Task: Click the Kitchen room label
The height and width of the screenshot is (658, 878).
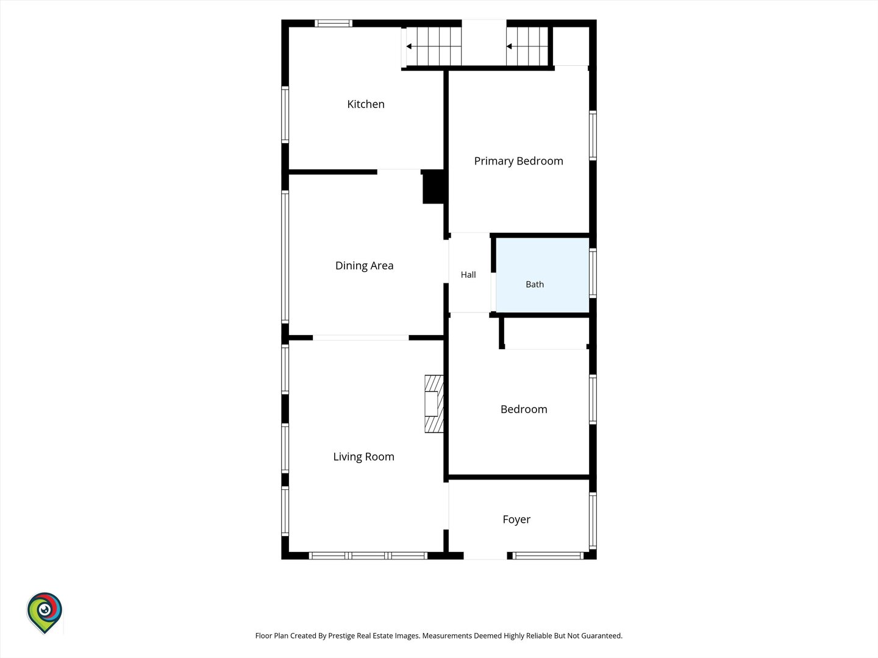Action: (x=366, y=104)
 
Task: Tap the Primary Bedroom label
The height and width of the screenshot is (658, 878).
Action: (x=518, y=161)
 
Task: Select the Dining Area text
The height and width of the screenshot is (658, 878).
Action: (x=364, y=266)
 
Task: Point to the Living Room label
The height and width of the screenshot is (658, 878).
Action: (x=363, y=457)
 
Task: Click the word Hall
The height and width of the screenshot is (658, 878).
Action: (x=468, y=275)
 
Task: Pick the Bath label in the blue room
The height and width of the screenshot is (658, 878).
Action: (x=534, y=285)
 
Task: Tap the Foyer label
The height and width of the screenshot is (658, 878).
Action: (x=516, y=519)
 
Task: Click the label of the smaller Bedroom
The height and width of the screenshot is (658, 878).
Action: (x=524, y=409)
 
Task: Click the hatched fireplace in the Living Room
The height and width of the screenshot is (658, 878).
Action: (x=434, y=404)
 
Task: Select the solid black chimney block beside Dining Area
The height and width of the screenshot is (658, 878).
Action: (x=434, y=186)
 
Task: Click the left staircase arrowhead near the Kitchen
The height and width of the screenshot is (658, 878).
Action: (x=409, y=46)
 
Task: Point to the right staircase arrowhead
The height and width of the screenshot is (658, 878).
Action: (x=509, y=46)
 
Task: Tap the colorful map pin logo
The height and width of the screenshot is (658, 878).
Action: (x=45, y=613)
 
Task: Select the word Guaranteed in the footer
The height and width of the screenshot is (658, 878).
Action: (x=602, y=635)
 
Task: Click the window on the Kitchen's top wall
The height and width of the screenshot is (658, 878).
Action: (x=333, y=23)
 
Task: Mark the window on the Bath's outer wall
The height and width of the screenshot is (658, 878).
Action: (x=593, y=273)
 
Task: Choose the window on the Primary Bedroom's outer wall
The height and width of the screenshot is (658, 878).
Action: (x=593, y=136)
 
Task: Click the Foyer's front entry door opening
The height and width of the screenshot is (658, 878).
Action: (x=485, y=555)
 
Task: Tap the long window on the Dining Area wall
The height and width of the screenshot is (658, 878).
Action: (x=285, y=257)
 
